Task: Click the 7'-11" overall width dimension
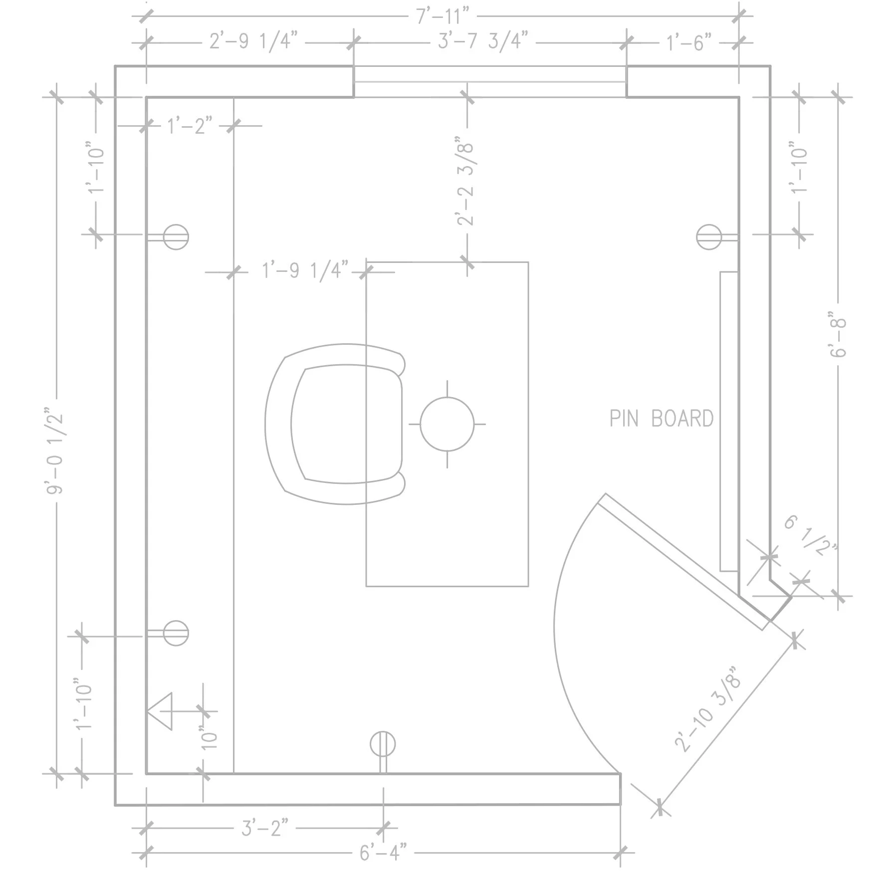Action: pyautogui.click(x=443, y=16)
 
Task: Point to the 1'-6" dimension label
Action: pyautogui.click(x=689, y=43)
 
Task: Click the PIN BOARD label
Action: pyautogui.click(x=661, y=419)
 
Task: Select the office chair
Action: pyautogui.click(x=334, y=424)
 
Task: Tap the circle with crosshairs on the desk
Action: pyautogui.click(x=447, y=424)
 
